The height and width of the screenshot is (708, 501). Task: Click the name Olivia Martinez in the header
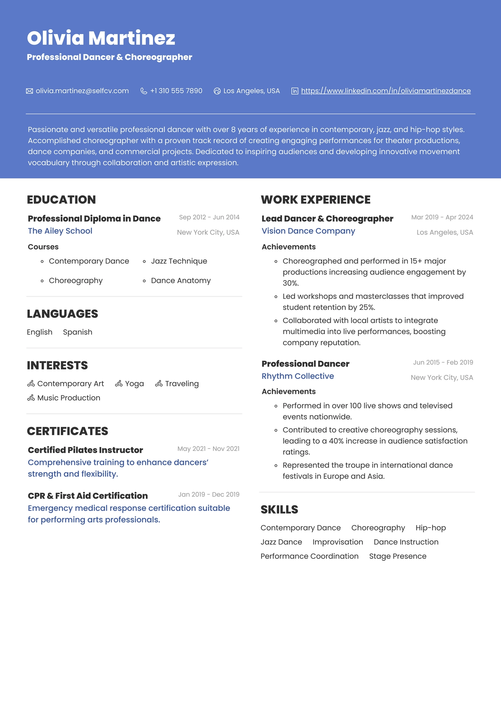pyautogui.click(x=101, y=38)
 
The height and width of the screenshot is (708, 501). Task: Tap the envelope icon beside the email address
pyautogui.click(x=29, y=91)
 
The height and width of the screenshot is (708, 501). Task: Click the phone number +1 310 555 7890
pyautogui.click(x=176, y=91)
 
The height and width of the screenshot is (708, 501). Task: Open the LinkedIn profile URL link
pyautogui.click(x=386, y=91)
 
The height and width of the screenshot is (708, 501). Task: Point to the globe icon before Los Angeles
pyautogui.click(x=217, y=91)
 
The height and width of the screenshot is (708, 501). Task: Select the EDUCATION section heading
pyautogui.click(x=61, y=200)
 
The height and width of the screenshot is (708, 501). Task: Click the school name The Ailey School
pyautogui.click(x=60, y=231)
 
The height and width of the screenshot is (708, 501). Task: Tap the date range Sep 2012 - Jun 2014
pyautogui.click(x=209, y=217)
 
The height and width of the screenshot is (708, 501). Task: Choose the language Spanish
pyautogui.click(x=78, y=332)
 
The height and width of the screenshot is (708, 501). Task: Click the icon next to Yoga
pyautogui.click(x=119, y=384)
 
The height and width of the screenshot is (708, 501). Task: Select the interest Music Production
pyautogui.click(x=69, y=398)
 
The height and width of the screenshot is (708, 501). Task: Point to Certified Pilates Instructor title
pyautogui.click(x=85, y=450)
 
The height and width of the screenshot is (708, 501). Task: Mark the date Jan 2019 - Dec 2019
pyautogui.click(x=209, y=495)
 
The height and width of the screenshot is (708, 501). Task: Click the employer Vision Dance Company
pyautogui.click(x=308, y=231)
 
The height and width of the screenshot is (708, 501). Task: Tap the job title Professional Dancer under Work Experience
pyautogui.click(x=305, y=364)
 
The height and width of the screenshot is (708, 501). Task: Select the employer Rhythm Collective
pyautogui.click(x=298, y=376)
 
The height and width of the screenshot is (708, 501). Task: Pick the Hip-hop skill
pyautogui.click(x=430, y=528)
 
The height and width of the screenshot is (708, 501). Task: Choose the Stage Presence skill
pyautogui.click(x=397, y=556)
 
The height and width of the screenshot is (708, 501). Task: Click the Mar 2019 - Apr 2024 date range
pyautogui.click(x=442, y=217)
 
